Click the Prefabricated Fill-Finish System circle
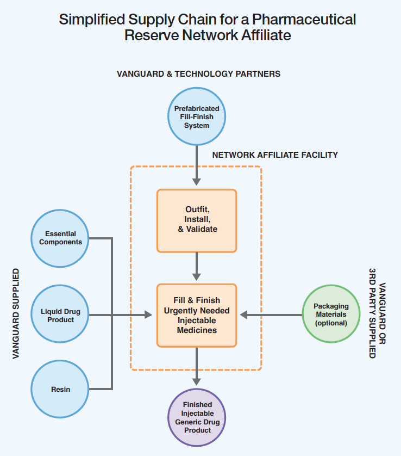coord(196,116)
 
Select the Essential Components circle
coord(60,238)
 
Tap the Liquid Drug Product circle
coord(60,315)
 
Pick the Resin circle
coord(60,389)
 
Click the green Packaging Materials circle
coord(331,315)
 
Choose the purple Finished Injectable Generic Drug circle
coord(197,417)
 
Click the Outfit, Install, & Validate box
coord(197,220)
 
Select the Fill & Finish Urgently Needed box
coord(197,315)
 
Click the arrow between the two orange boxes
coord(197,268)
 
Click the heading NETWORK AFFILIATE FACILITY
coord(275,155)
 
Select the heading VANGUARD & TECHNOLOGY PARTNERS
coord(198,73)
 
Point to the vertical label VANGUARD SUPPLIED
coord(16,312)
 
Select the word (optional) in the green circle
coord(331,323)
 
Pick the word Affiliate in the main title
coord(264,36)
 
